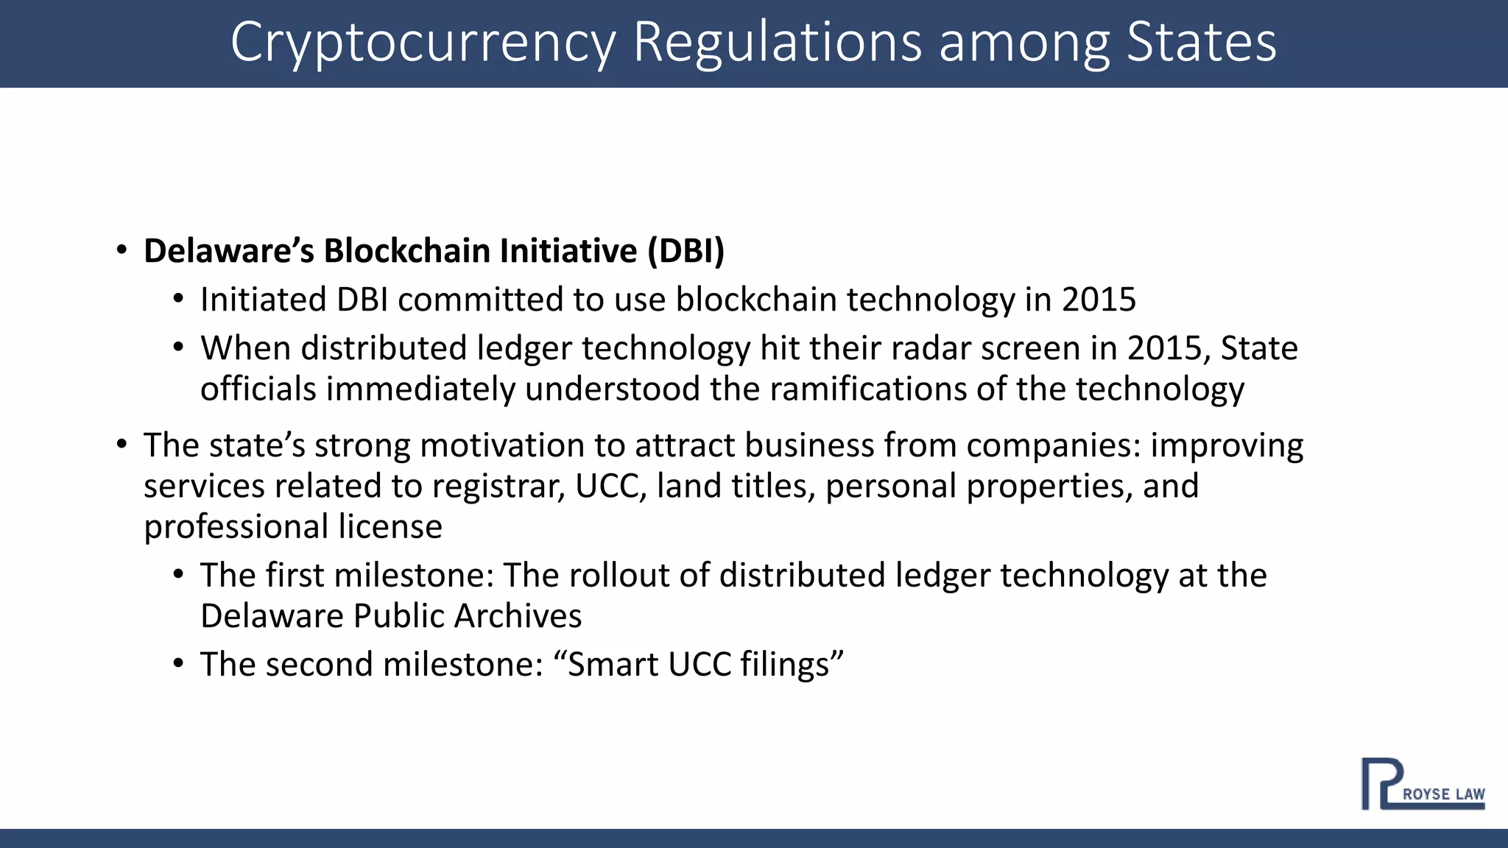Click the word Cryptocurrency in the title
pos(423,43)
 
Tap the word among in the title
pos(1024,43)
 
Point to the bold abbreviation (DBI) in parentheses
pos(686,251)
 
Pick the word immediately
pos(420,389)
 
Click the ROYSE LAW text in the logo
pos(1443,794)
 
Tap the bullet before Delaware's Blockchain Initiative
pos(121,250)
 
